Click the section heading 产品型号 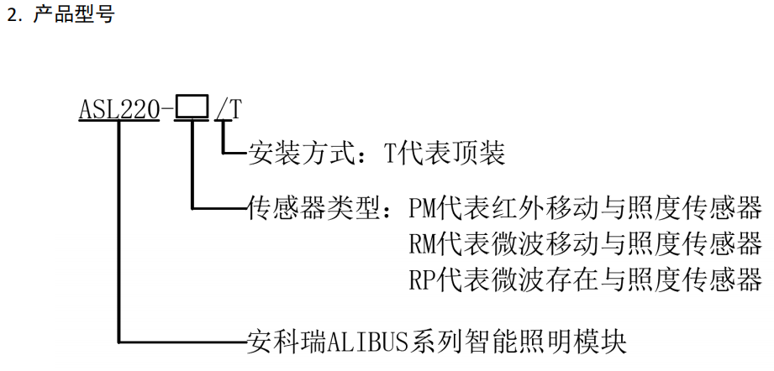click(x=73, y=16)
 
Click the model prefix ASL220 click(x=118, y=109)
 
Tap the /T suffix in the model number click(x=228, y=109)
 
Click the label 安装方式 click(x=297, y=154)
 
